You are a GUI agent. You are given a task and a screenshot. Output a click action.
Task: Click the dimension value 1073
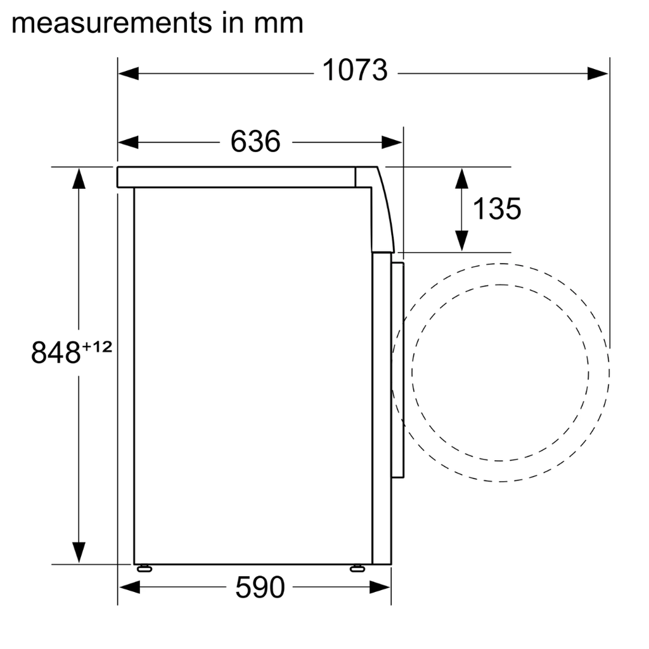click(355, 71)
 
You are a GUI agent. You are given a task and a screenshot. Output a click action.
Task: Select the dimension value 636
click(255, 141)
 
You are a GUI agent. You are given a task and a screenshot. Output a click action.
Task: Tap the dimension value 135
click(497, 209)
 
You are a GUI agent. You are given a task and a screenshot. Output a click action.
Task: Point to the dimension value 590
click(260, 588)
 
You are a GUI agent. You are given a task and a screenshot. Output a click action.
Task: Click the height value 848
click(55, 352)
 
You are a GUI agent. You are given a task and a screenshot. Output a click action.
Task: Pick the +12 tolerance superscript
click(96, 347)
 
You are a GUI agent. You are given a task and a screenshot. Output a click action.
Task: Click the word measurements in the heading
click(112, 23)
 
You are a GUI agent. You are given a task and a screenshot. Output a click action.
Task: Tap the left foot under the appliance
click(144, 568)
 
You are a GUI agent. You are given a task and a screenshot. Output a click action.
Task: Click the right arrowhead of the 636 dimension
click(392, 143)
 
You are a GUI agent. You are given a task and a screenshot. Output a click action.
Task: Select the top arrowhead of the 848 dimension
click(79, 178)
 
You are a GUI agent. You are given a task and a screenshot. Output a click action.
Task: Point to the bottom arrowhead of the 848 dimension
click(79, 552)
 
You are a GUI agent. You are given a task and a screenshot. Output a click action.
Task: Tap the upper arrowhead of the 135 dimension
click(462, 178)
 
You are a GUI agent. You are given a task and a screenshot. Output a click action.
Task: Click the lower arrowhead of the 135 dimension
click(462, 240)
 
